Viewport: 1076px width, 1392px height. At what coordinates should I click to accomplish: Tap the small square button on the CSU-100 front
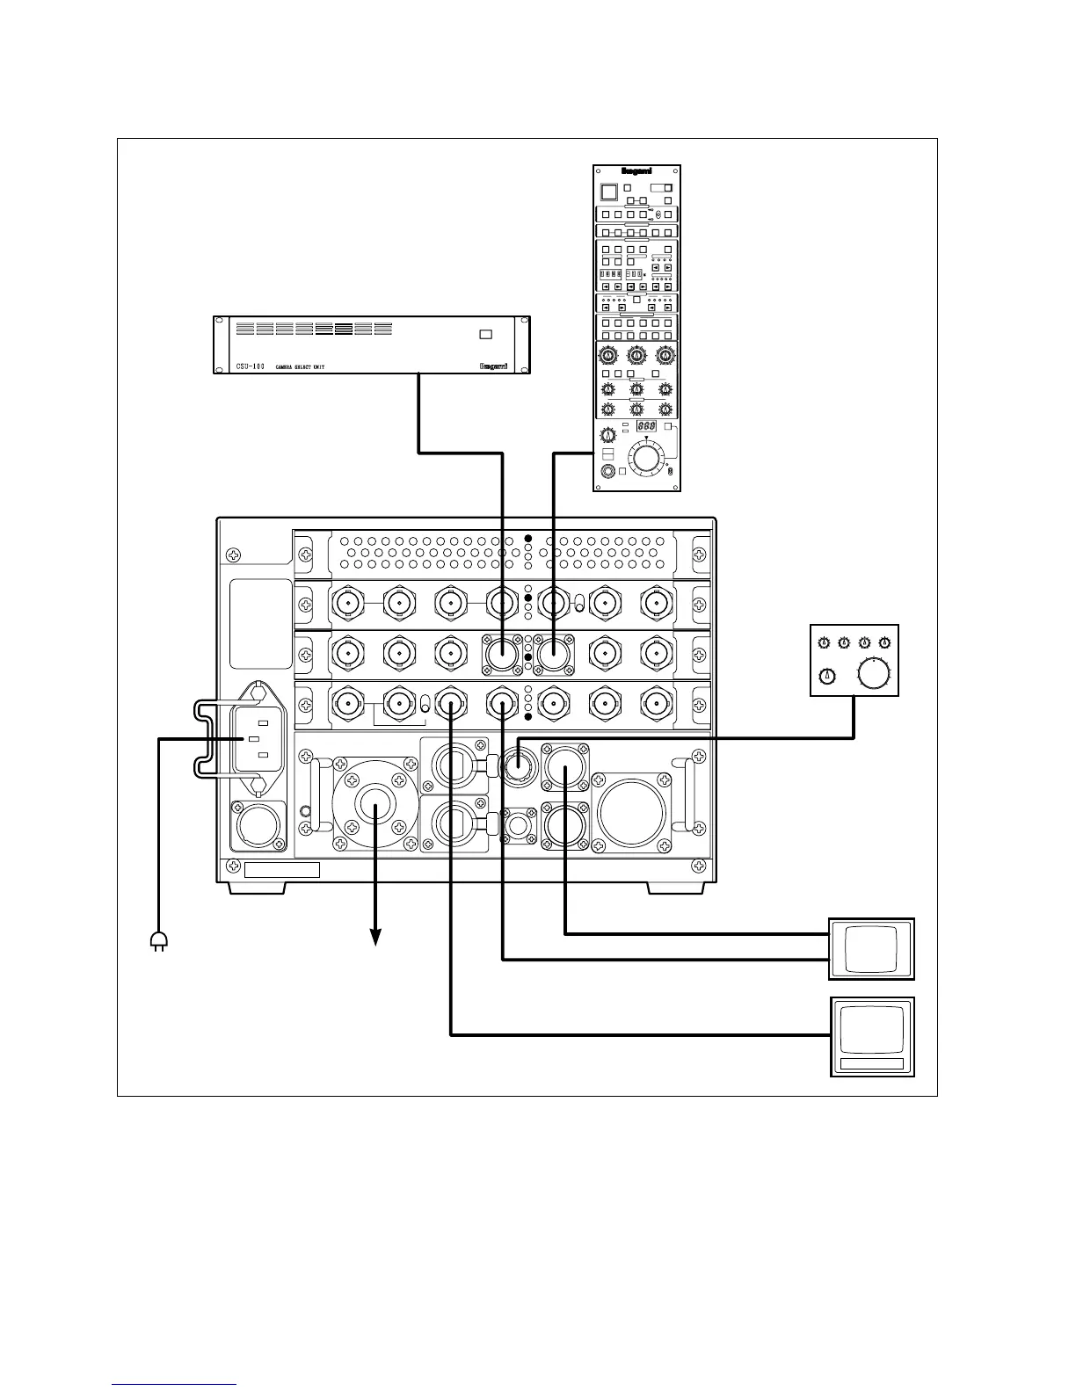point(486,334)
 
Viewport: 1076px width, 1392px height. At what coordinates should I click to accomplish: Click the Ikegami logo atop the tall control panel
point(636,172)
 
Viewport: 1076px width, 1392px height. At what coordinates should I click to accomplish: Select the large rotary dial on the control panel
point(646,458)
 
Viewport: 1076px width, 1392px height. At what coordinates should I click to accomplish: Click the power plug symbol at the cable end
point(159,941)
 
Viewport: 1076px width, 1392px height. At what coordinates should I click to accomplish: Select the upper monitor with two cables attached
point(871,948)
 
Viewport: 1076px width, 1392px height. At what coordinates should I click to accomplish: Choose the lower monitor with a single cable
point(871,1036)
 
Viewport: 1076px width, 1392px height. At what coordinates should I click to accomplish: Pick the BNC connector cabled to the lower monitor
point(451,702)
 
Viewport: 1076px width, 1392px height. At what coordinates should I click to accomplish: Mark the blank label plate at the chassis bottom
point(281,870)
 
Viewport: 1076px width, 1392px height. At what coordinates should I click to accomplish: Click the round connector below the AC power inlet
point(258,827)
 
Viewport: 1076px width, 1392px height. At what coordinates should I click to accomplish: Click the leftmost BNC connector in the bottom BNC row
point(345,702)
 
